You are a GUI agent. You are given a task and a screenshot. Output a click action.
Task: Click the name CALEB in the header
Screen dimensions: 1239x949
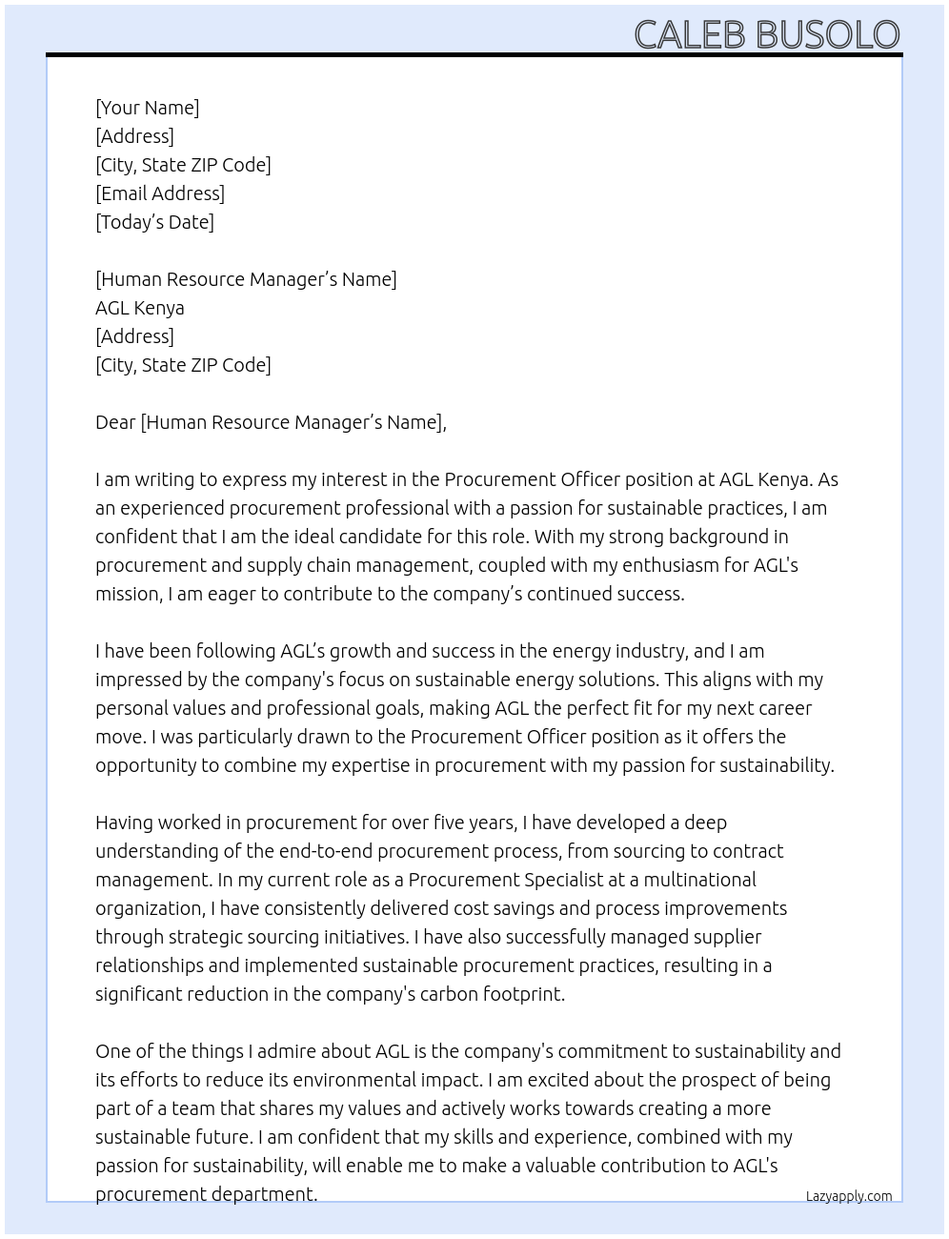coord(690,35)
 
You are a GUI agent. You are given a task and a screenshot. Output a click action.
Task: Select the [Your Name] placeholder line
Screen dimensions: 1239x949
coord(148,108)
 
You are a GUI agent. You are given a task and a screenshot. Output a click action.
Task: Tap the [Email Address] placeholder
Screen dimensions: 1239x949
coord(160,193)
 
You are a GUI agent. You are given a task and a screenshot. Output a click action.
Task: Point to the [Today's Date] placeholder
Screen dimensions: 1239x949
coord(154,222)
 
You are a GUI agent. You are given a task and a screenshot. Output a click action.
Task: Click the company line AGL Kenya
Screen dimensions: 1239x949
coord(140,308)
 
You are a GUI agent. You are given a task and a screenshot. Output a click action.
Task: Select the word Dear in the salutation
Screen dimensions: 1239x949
coord(115,422)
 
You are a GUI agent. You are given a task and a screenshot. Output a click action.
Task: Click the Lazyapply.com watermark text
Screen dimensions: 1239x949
coord(848,1196)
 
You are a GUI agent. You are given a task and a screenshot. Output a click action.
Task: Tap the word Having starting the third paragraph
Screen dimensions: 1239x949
coord(124,823)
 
